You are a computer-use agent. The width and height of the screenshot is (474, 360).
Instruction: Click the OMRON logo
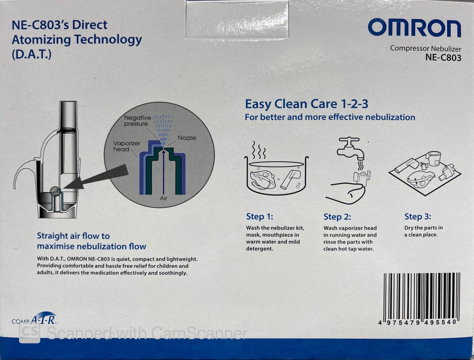coord(414,28)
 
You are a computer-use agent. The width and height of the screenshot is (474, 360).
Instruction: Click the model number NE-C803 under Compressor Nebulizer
coord(443,58)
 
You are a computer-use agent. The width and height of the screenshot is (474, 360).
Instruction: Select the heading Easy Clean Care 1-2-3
coord(306,104)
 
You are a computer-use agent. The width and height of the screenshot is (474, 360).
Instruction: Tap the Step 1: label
coord(262,217)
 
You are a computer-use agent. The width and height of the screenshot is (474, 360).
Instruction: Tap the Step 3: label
coord(417,217)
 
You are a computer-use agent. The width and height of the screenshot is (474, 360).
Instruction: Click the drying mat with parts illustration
coord(425,172)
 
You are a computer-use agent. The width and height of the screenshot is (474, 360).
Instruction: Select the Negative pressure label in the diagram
coord(137,121)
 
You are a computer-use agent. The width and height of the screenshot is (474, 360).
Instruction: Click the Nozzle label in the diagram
coord(187,138)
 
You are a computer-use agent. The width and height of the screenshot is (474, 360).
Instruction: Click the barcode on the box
coord(422,297)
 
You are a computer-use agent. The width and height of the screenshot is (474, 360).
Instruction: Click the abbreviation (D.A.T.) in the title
coord(31,54)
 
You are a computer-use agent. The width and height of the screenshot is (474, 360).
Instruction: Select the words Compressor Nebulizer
coord(425,48)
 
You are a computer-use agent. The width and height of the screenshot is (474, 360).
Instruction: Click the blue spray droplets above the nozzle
coord(164,129)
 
